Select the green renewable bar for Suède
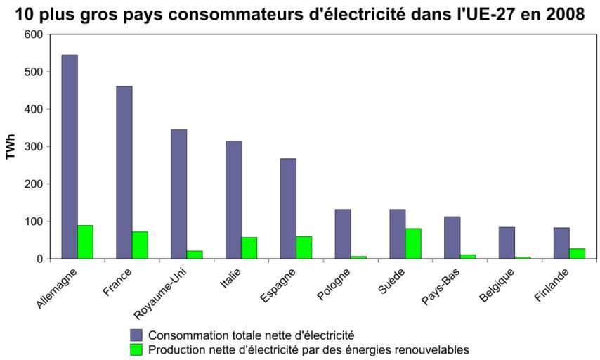[413, 243]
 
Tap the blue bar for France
[124, 172]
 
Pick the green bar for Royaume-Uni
[195, 255]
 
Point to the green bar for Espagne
[304, 247]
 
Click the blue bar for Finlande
[561, 243]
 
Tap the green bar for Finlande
[577, 253]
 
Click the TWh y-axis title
[11, 146]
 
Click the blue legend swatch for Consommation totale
[136, 335]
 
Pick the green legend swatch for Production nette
[136, 349]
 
